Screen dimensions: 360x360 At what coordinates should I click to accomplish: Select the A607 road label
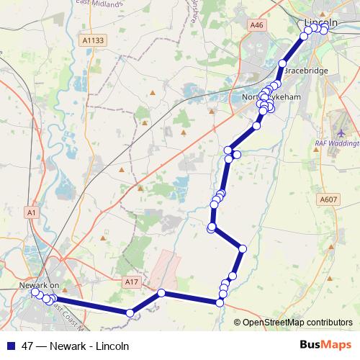click(328, 199)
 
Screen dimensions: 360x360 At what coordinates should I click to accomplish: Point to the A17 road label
click(130, 282)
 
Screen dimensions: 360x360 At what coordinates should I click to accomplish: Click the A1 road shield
click(30, 212)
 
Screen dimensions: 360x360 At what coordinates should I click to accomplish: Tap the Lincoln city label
click(321, 23)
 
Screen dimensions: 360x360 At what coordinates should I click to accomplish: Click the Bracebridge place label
click(307, 72)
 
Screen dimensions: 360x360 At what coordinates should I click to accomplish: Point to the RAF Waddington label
click(336, 143)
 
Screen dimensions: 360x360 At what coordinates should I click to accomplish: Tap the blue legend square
click(10, 345)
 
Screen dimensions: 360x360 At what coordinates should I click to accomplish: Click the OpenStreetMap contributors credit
click(297, 323)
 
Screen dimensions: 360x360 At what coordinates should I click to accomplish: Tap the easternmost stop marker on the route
click(325, 30)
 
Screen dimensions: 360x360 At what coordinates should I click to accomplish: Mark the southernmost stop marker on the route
click(130, 312)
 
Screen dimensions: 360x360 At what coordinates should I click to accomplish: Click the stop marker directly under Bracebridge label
click(282, 63)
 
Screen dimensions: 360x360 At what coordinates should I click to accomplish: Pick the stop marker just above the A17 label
click(162, 293)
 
